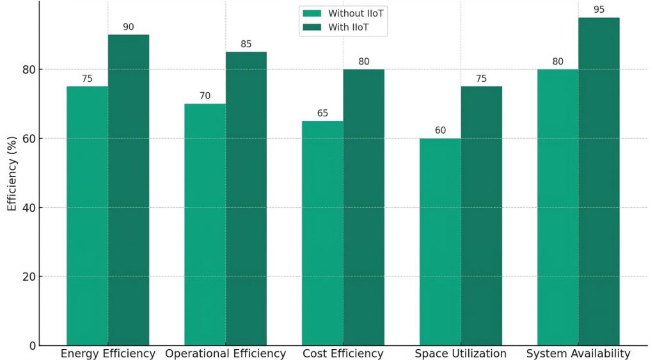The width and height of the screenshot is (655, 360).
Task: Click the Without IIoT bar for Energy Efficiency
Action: click(x=87, y=216)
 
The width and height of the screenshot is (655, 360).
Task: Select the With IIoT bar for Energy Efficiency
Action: click(x=129, y=190)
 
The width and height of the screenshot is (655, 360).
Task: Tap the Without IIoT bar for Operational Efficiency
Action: click(x=205, y=224)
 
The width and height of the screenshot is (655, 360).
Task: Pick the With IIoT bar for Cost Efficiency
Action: click(x=364, y=207)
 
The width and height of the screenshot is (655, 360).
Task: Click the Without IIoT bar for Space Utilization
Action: click(x=440, y=242)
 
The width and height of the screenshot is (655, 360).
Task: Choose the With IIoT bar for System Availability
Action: click(x=599, y=182)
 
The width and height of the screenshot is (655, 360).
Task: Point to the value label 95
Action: click(x=599, y=10)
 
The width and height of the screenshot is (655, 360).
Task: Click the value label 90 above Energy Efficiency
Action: click(x=129, y=27)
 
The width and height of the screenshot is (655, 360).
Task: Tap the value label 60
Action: click(x=440, y=130)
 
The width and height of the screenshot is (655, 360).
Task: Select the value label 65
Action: click(x=322, y=113)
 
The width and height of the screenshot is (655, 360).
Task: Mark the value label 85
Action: click(x=246, y=44)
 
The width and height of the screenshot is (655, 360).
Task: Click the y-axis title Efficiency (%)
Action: click(x=12, y=173)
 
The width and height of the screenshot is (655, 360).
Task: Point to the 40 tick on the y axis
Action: click(x=29, y=208)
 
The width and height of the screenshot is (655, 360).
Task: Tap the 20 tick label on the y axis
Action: click(x=29, y=277)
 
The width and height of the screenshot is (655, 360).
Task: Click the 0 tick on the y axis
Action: click(x=33, y=346)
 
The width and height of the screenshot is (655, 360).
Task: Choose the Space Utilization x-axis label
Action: click(x=461, y=354)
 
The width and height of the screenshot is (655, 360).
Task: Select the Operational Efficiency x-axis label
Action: click(x=225, y=354)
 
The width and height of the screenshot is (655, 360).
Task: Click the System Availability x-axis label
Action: click(x=578, y=354)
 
